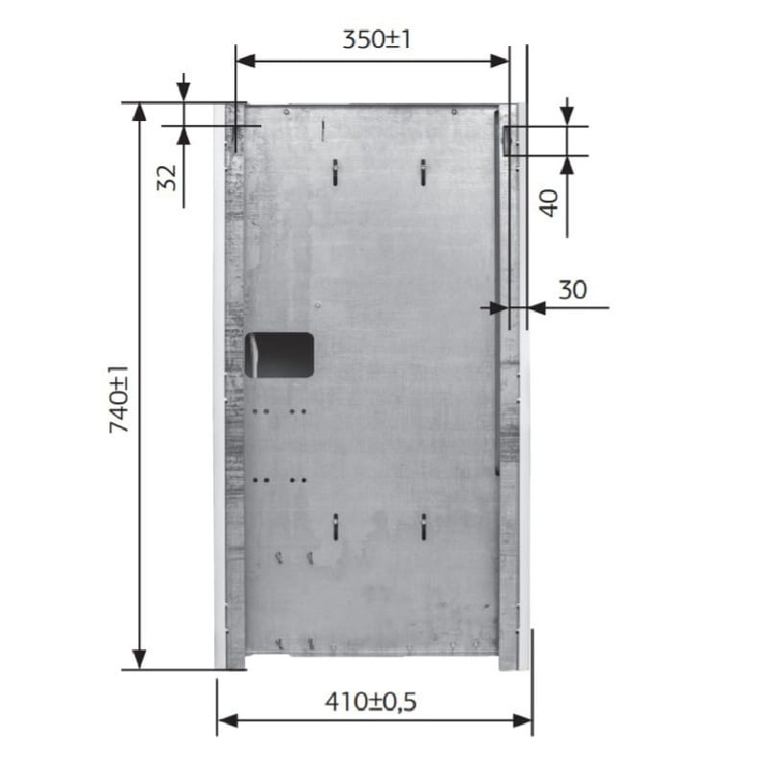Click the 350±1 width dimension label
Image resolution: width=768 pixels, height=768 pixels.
tap(376, 39)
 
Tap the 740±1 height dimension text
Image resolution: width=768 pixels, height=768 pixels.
tap(118, 398)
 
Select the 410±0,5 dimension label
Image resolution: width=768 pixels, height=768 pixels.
tap(371, 702)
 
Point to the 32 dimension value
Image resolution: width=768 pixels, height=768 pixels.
tap(166, 178)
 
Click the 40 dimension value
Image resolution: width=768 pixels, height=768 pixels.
tap(548, 203)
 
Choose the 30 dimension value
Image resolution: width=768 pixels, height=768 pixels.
tap(572, 290)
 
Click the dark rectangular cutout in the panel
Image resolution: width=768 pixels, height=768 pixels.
tap(279, 355)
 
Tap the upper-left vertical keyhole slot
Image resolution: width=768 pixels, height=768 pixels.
tap(335, 173)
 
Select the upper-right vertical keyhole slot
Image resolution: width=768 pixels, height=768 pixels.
tap(422, 173)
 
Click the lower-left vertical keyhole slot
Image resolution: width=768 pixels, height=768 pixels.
tap(335, 527)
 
